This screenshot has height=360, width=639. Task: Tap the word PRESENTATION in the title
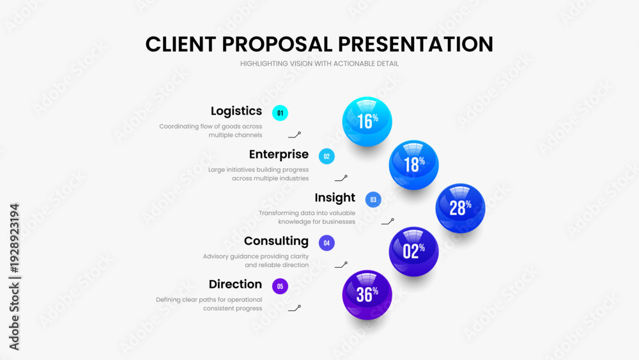(x=416, y=44)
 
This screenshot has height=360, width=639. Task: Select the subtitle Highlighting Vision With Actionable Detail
(x=319, y=63)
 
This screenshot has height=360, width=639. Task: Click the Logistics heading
(x=236, y=111)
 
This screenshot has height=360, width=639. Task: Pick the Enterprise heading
(x=279, y=154)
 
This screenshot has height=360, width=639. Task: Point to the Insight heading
(x=335, y=198)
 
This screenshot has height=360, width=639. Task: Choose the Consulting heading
(x=276, y=241)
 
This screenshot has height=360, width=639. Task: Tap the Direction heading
(x=235, y=284)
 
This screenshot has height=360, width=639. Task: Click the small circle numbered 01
(x=280, y=113)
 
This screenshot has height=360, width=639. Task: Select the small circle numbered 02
(x=327, y=156)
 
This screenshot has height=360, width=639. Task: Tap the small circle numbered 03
(x=373, y=200)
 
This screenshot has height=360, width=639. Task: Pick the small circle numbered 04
(x=327, y=243)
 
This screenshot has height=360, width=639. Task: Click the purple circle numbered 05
(x=280, y=286)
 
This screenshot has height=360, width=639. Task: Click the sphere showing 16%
(x=367, y=121)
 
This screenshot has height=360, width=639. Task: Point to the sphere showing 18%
(x=413, y=165)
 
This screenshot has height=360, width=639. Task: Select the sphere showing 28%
(x=460, y=208)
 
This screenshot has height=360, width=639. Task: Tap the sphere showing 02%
(x=413, y=251)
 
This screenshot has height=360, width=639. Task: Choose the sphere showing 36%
(x=367, y=295)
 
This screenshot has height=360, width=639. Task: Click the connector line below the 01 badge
(x=294, y=136)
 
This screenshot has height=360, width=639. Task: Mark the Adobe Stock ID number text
(x=14, y=239)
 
